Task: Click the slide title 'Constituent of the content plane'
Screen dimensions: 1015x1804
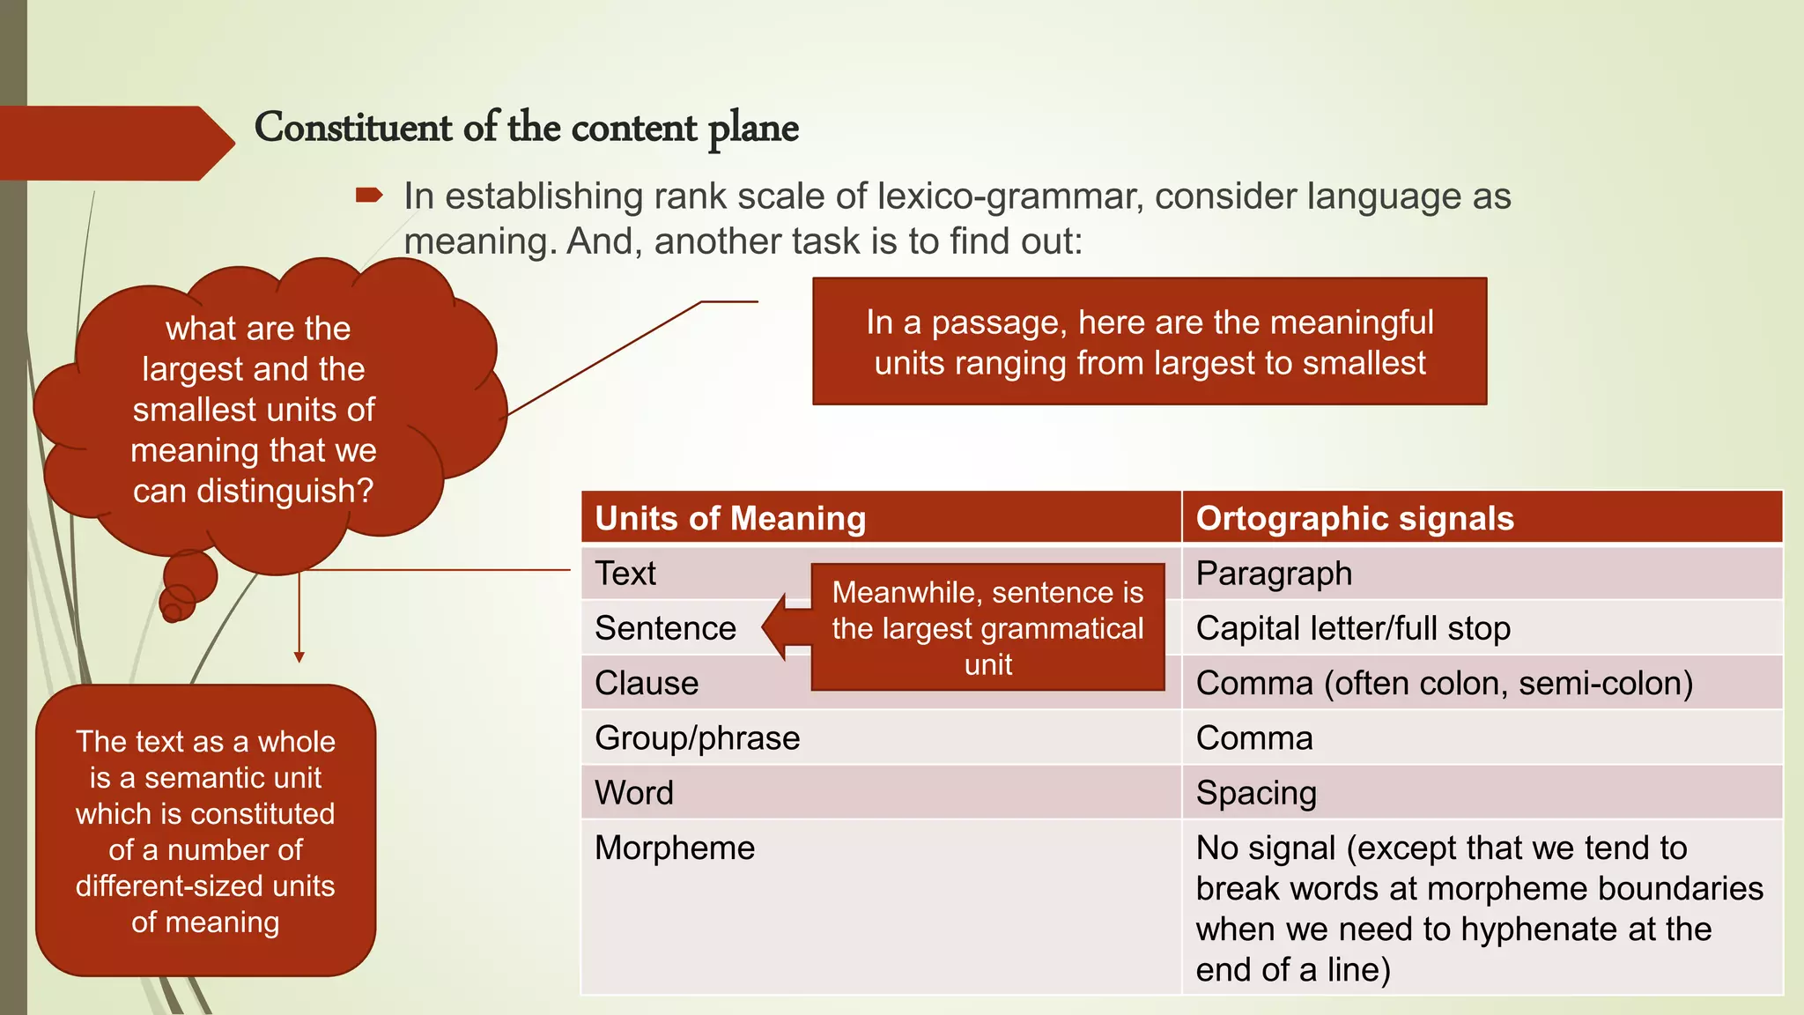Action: (526, 128)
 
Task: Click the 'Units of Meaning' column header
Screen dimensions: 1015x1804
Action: (730, 518)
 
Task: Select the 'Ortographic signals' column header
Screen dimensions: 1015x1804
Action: (1354, 518)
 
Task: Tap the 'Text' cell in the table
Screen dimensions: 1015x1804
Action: (625, 574)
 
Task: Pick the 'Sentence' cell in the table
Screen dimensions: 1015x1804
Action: (665, 628)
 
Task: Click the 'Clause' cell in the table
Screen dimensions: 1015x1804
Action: (647, 684)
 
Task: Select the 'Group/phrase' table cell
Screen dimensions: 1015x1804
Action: (697, 738)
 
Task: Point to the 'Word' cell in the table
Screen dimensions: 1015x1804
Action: (634, 793)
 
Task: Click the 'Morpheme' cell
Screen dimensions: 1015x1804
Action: (675, 848)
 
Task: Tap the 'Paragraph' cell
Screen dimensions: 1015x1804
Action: (1274, 574)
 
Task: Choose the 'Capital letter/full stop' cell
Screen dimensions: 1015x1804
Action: (1353, 628)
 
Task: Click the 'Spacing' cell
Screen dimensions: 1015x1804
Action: (1256, 793)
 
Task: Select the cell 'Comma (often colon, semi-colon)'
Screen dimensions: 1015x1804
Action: (1444, 684)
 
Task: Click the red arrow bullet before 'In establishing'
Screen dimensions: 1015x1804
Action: (369, 196)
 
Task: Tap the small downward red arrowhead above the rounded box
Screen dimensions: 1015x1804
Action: (299, 657)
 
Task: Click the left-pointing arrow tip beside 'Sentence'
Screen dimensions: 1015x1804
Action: (769, 627)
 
